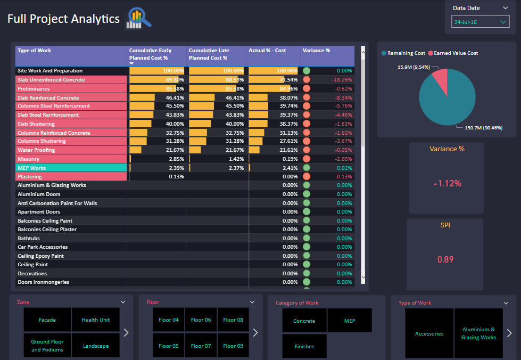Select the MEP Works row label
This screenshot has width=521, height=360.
click(x=32, y=168)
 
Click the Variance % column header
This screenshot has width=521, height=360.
click(x=316, y=51)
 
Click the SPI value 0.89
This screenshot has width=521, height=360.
click(x=445, y=259)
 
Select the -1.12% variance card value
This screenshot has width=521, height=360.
click(x=446, y=183)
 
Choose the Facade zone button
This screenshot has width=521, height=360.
click(x=47, y=320)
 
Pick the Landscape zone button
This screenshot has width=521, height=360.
click(x=96, y=346)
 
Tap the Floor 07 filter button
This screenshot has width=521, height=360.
click(x=201, y=346)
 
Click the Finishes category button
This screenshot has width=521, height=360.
click(x=304, y=346)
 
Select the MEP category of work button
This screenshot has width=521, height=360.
click(x=350, y=321)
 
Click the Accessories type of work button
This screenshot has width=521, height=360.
click(x=429, y=333)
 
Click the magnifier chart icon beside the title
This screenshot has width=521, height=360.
click(x=138, y=19)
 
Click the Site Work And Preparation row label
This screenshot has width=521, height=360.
click(x=50, y=71)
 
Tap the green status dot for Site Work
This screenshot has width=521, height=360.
click(x=307, y=71)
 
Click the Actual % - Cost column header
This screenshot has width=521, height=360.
click(x=267, y=51)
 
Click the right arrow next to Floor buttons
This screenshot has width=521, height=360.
click(x=255, y=332)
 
